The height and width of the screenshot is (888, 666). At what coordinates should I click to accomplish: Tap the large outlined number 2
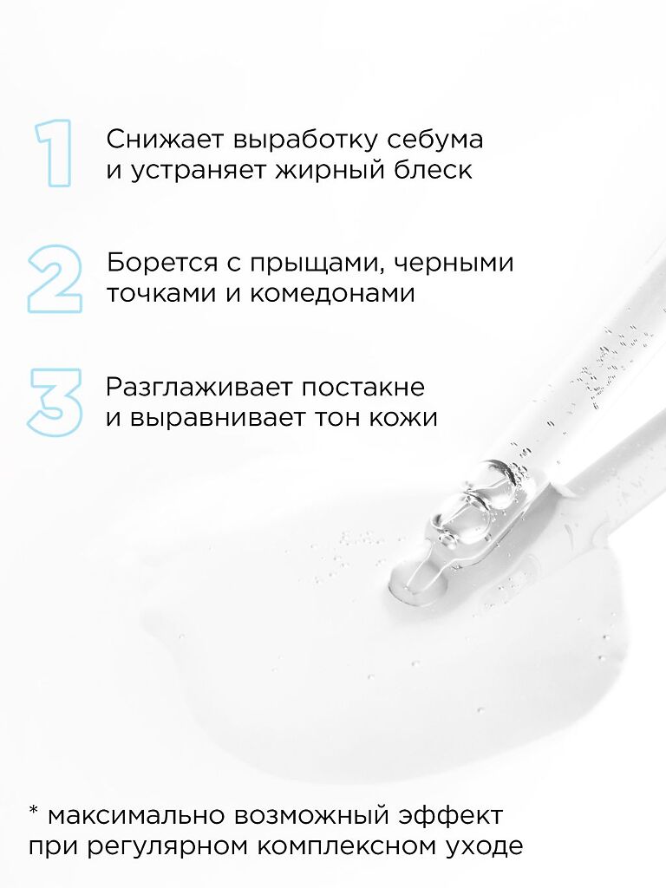[55, 278]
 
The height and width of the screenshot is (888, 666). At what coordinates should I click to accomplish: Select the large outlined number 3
[55, 402]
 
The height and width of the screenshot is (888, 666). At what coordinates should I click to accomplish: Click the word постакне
[362, 388]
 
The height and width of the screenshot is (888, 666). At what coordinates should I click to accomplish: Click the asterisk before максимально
[34, 812]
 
